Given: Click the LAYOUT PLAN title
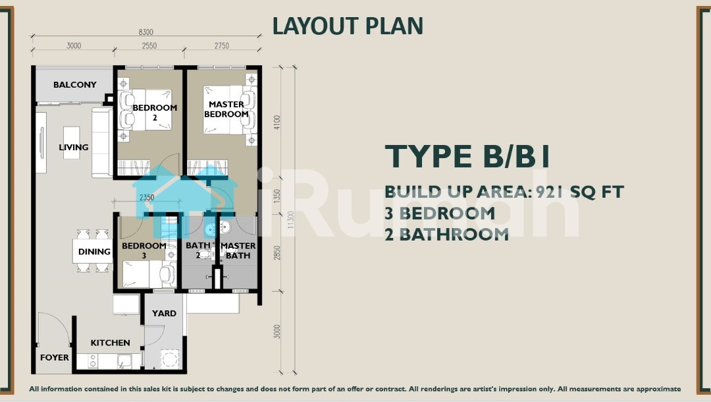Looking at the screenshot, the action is point(348,26).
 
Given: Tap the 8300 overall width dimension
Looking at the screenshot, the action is point(146,32).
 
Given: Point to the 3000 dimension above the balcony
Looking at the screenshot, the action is point(74,45).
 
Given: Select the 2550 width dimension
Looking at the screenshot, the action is point(149,45).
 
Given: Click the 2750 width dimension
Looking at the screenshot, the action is point(222,45).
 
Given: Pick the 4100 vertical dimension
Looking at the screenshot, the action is point(277,122).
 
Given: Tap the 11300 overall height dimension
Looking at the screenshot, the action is point(291,219).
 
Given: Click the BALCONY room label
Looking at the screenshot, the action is point(75,84).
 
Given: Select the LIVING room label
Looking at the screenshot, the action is point(74,147).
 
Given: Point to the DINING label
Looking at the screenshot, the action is point(94,251).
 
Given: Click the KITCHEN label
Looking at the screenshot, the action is point(110,343).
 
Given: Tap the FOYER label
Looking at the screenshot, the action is point(55,358).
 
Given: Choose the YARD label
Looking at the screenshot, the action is point(164,313).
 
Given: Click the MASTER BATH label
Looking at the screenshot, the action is point(238,250).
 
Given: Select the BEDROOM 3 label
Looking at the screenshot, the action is point(144,250).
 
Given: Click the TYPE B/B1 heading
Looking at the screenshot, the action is point(467,157).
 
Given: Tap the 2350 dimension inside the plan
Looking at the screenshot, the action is point(146,197).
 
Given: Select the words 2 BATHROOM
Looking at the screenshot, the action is point(446,235).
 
